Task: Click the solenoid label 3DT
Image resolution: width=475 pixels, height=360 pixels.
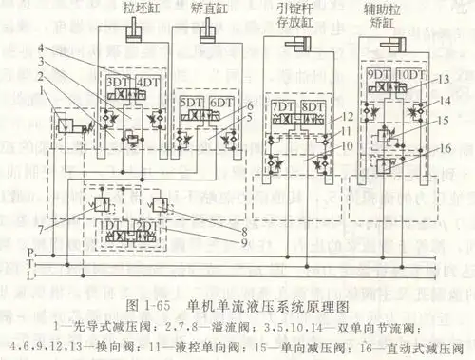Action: tap(117, 83)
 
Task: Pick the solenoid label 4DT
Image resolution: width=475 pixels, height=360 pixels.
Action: tap(147, 83)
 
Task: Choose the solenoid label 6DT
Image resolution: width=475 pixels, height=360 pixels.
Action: tap(221, 101)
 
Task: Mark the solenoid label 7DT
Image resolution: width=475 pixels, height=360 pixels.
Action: tap(282, 105)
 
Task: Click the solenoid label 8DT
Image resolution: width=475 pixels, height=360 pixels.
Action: tap(311, 105)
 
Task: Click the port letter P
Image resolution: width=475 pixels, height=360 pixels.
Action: tap(29, 253)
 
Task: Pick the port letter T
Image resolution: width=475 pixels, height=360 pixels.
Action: tap(29, 265)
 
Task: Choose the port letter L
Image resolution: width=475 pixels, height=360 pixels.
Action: tap(29, 276)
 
